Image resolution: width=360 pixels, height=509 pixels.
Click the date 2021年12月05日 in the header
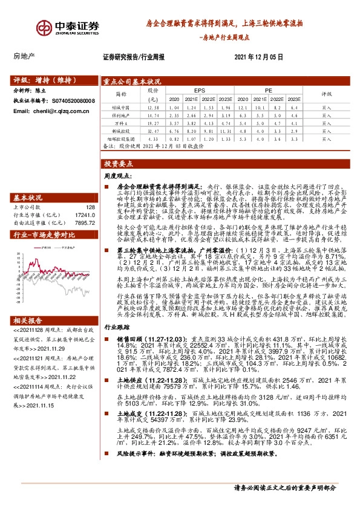coord(258,56)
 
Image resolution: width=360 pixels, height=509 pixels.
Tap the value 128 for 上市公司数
coord(91,190)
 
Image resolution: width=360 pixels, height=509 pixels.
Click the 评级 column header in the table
coord(327,94)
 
